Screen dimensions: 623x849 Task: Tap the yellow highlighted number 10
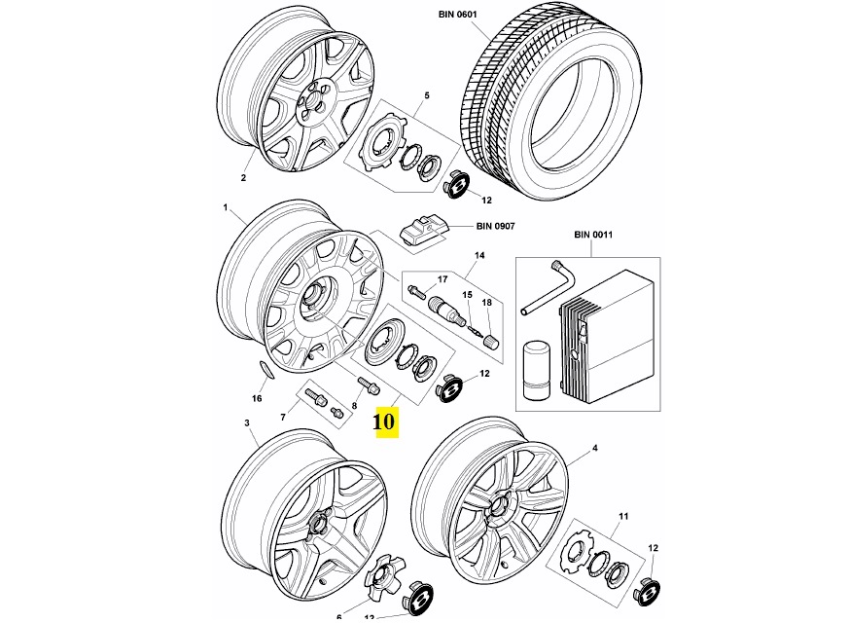(x=384, y=421)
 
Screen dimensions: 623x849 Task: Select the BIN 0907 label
(x=495, y=226)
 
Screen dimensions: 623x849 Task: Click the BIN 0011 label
(x=593, y=235)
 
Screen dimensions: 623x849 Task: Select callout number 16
(x=257, y=398)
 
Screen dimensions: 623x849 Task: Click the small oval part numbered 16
(x=264, y=368)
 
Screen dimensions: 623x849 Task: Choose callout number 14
(x=478, y=257)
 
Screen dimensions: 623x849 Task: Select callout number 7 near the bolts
(x=283, y=416)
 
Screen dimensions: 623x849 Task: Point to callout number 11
(x=623, y=515)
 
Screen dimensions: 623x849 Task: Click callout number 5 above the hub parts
(x=425, y=95)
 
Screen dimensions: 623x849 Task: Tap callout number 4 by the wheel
(x=594, y=450)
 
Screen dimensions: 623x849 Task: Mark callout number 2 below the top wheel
(x=244, y=177)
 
